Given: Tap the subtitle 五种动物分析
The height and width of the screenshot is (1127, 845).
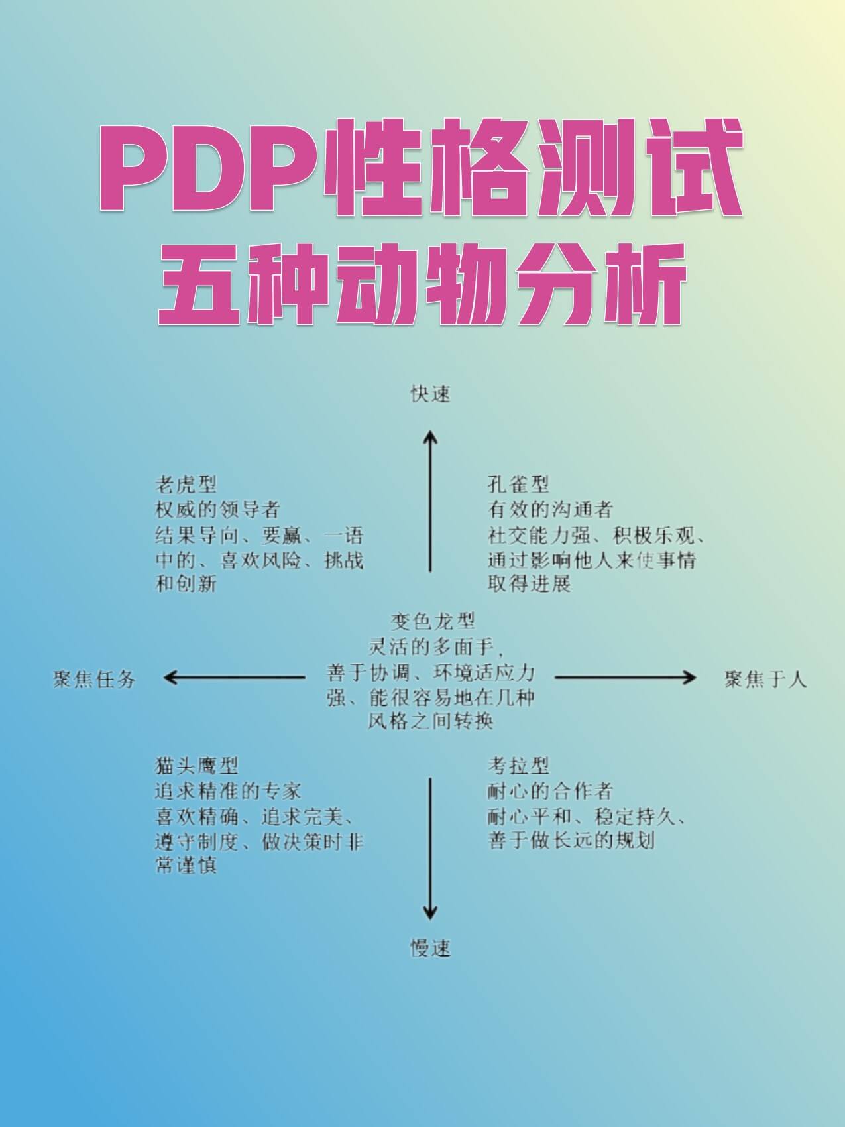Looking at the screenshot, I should click(422, 286).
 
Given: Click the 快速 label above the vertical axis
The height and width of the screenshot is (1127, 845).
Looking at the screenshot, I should click(430, 394).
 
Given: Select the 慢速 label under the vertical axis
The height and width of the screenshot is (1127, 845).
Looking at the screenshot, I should click(430, 948).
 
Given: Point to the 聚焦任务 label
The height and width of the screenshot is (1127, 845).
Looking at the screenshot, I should click(94, 679).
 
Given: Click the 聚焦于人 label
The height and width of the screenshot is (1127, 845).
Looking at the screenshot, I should click(765, 679).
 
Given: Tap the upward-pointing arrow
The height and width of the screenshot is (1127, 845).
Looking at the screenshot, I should click(430, 501).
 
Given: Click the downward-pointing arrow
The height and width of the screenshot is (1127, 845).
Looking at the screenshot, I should click(430, 849).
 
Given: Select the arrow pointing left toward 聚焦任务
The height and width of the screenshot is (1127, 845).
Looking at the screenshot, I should click(234, 677).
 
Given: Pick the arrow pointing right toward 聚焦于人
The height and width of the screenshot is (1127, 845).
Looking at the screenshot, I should click(625, 677).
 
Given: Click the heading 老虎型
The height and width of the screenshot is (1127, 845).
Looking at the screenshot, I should click(186, 485).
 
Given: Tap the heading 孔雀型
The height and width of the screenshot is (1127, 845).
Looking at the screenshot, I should click(518, 485).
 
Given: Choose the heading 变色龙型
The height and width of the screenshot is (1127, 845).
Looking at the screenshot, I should click(432, 621).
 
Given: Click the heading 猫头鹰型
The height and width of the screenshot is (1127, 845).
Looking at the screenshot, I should click(196, 766).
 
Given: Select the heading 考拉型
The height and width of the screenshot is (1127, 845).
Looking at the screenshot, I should click(518, 766).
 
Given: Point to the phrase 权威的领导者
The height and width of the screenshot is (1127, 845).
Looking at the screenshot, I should click(217, 509).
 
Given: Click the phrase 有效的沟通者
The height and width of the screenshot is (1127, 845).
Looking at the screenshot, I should click(550, 509).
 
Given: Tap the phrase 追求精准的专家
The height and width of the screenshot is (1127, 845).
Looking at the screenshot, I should click(228, 791).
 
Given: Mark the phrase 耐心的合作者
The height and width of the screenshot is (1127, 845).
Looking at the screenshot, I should click(550, 791).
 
